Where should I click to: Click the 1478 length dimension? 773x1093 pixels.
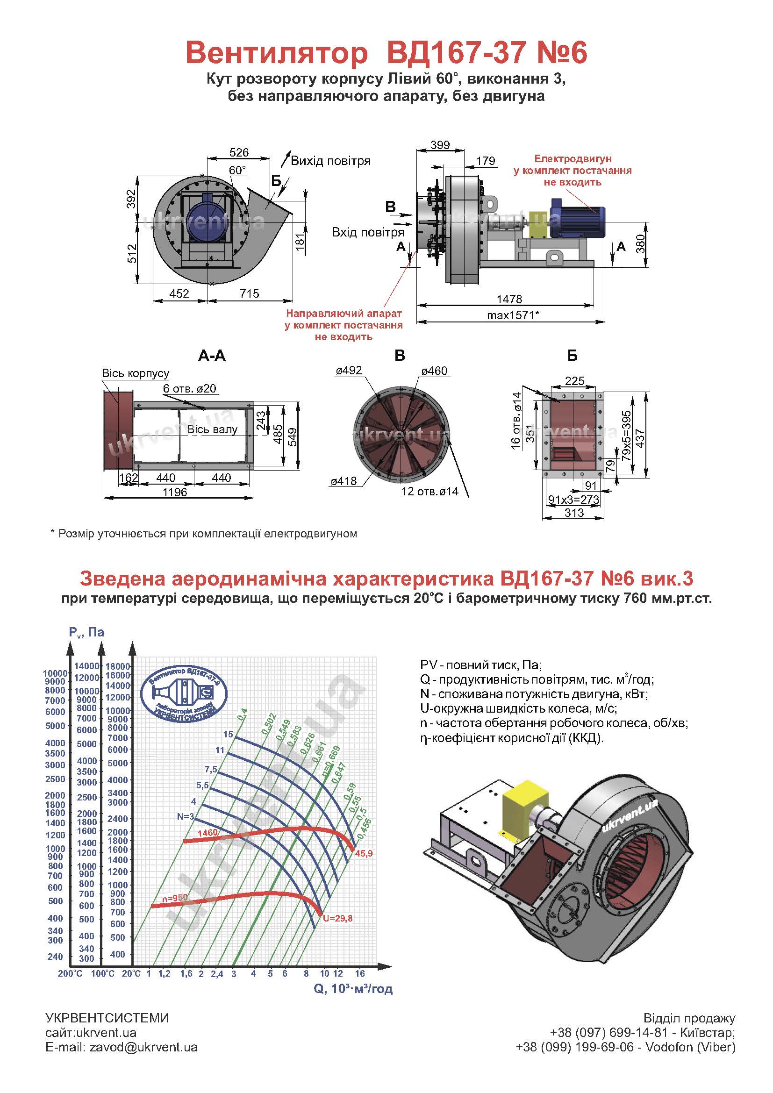coord(509,299)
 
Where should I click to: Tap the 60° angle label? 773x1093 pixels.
coord(237,170)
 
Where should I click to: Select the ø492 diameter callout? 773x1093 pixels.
coord(349,371)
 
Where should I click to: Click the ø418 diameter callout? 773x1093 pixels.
coord(344,481)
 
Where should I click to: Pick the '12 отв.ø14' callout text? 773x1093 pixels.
coord(430,491)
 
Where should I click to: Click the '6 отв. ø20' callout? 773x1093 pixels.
coord(189,388)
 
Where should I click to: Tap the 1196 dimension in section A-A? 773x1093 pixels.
coord(175,492)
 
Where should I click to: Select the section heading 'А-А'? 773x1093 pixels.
coord(212,356)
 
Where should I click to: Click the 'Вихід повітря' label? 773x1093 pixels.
coord(330,160)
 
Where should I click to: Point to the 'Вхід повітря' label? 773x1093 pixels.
coord(368,232)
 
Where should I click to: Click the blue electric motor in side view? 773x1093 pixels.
coord(576,218)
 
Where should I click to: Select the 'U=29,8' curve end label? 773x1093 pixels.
coord(337,918)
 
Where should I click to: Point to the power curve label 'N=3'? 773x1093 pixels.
coord(186,816)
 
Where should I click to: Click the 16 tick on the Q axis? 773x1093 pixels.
coord(359,973)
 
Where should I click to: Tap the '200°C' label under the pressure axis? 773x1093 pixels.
coord(70,973)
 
